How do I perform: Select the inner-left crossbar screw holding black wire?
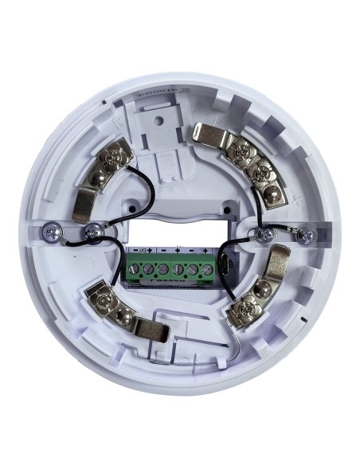click(x=94, y=231)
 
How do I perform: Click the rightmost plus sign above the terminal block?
click(x=205, y=251)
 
